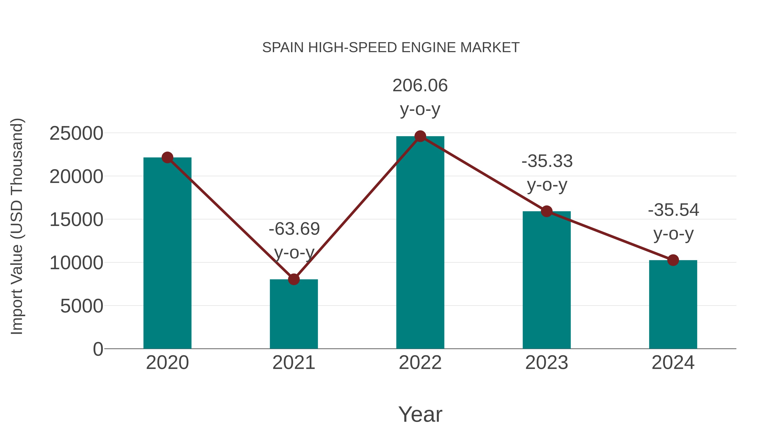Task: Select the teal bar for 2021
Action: [x=293, y=316]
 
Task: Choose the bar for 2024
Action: [x=673, y=307]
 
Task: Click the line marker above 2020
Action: [x=167, y=158]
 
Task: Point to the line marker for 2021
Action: [x=293, y=279]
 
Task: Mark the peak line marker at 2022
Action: [x=420, y=136]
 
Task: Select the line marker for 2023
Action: [x=547, y=211]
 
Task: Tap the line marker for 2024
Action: [x=673, y=260]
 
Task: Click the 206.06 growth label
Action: [x=420, y=86]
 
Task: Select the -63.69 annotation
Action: [x=294, y=229]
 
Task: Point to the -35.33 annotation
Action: [x=547, y=161]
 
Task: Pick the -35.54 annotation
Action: [x=673, y=210]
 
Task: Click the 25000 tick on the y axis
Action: [x=76, y=133]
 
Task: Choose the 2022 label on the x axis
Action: [x=420, y=363]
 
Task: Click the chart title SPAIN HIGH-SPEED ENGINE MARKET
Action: [x=391, y=48]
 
